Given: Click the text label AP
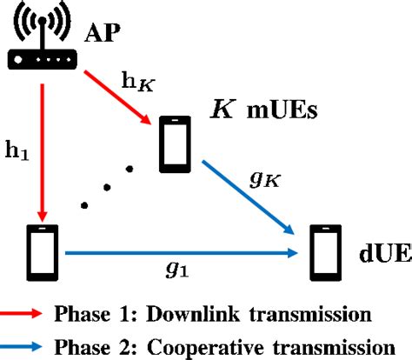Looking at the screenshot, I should (x=101, y=36).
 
